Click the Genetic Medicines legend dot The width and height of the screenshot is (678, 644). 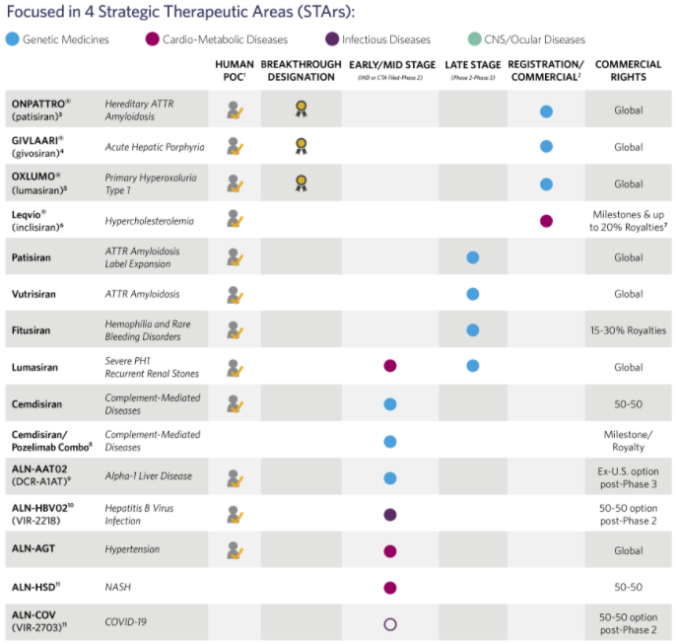click(12, 39)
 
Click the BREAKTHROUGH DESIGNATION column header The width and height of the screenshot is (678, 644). click(302, 70)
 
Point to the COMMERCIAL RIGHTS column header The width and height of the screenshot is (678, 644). click(628, 70)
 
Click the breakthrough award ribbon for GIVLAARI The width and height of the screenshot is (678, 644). click(301, 147)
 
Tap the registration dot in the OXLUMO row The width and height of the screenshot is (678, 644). click(546, 183)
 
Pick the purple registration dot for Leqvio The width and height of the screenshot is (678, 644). click(546, 220)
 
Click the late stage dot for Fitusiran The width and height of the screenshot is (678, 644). click(472, 330)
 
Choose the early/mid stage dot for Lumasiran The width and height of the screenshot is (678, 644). click(389, 367)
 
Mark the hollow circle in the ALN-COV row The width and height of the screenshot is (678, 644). click(389, 623)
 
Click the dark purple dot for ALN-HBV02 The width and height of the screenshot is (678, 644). click(389, 514)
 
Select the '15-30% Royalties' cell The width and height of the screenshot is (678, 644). click(628, 330)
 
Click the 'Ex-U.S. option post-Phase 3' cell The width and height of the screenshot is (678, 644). click(628, 477)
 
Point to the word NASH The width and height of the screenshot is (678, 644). click(118, 587)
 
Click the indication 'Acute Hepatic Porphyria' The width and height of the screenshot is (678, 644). click(155, 147)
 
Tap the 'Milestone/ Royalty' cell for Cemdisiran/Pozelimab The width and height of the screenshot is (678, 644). click(628, 441)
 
